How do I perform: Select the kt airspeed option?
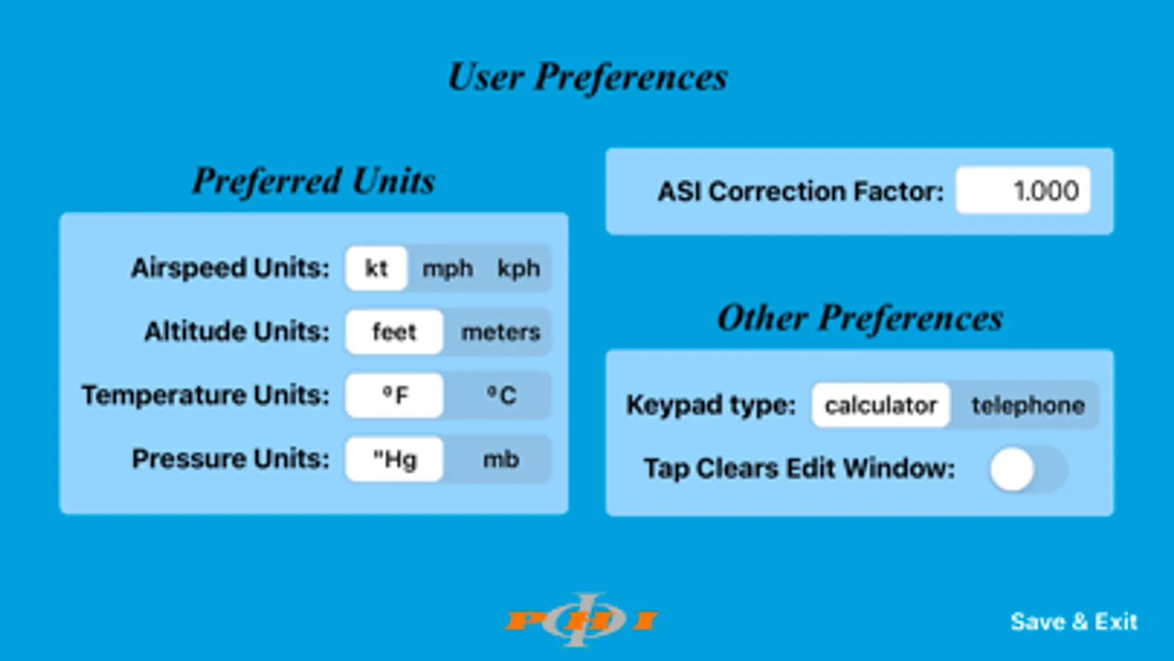point(376,269)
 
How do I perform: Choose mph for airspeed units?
point(447,269)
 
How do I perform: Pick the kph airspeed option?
point(518,269)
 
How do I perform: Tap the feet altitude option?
point(394,332)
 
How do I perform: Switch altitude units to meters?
point(500,332)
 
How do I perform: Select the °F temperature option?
point(394,396)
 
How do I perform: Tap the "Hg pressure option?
point(394,460)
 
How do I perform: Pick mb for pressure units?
point(501,460)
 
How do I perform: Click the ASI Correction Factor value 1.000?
point(1023,191)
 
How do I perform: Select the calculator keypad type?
point(880,405)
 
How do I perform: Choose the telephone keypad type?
point(1027,405)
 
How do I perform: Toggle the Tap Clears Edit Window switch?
point(1027,469)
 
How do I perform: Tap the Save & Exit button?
point(1073,621)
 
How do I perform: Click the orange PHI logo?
point(581,620)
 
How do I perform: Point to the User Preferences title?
point(587,77)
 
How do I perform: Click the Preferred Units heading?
point(314,181)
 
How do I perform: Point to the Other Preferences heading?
point(860,318)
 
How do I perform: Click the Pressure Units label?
point(231,459)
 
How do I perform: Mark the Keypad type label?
point(711,405)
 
